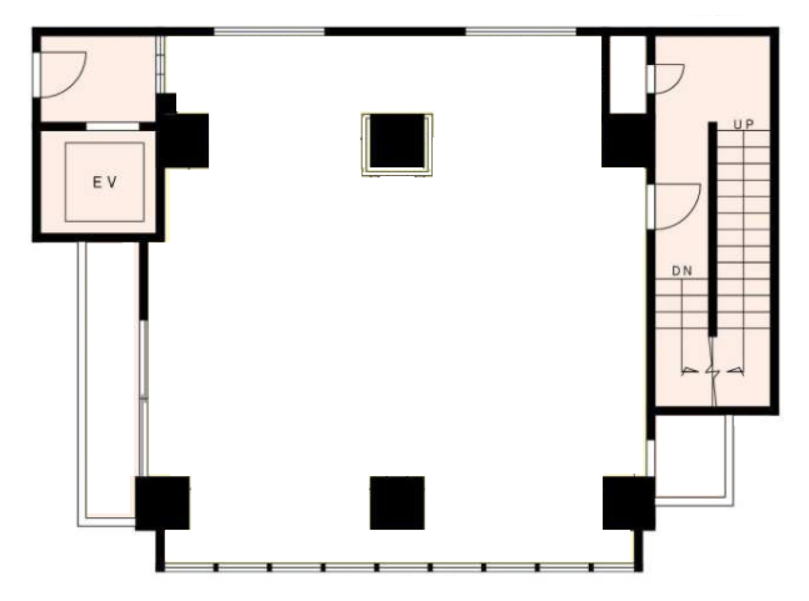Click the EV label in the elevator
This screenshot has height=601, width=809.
pyautogui.click(x=105, y=183)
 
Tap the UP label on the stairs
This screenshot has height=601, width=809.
pyautogui.click(x=743, y=124)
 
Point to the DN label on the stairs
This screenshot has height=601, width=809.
pyautogui.click(x=682, y=271)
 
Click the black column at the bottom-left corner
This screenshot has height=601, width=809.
pyautogui.click(x=162, y=503)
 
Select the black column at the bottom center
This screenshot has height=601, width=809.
pyautogui.click(x=397, y=503)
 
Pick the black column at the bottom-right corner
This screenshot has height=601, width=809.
pyautogui.click(x=628, y=503)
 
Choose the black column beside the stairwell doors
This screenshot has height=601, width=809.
pyautogui.click(x=624, y=140)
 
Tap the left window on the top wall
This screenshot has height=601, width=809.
pyautogui.click(x=269, y=31)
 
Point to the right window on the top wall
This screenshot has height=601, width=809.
pyautogui.click(x=521, y=31)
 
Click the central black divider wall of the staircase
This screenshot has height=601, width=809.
pyautogui.click(x=712, y=227)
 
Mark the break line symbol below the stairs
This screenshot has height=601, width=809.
pyautogui.click(x=713, y=371)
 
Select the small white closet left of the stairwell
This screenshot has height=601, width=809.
pyautogui.click(x=627, y=74)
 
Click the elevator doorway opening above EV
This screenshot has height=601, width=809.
pyautogui.click(x=113, y=126)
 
